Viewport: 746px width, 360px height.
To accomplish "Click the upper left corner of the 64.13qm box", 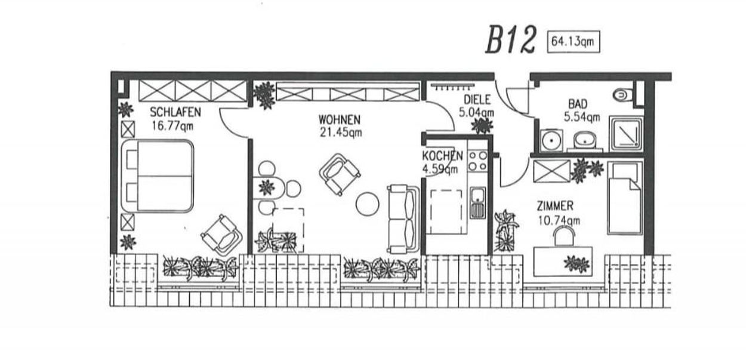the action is [547, 31].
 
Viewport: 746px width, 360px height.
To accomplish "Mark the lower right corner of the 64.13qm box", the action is [600, 53].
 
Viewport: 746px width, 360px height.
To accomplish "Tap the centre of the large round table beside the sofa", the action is [368, 204].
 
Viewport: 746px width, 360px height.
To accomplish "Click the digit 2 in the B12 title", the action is [525, 40].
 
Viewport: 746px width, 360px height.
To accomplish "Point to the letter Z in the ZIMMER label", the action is [540, 206].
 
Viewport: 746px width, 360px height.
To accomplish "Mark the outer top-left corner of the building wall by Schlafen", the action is [111, 71].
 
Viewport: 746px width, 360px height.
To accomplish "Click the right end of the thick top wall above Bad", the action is [671, 76].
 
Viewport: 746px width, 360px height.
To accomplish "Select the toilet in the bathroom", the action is [622, 94].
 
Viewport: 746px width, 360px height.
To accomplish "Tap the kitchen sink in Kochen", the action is [477, 202].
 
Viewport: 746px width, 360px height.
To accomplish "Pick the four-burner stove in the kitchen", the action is [478, 161].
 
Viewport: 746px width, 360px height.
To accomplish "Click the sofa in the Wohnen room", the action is [402, 219].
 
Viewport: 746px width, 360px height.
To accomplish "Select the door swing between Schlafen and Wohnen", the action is [234, 122].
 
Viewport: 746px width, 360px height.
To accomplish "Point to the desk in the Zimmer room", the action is [563, 261].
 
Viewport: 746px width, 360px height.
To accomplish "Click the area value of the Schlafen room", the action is [172, 126].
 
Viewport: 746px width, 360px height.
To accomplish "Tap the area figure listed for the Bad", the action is [582, 117].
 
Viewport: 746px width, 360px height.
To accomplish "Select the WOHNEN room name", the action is [340, 119].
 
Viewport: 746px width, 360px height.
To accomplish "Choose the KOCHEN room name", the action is [443, 156].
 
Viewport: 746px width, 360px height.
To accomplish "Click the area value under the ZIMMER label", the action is [559, 220].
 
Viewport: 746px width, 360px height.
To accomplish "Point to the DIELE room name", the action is [477, 100].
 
